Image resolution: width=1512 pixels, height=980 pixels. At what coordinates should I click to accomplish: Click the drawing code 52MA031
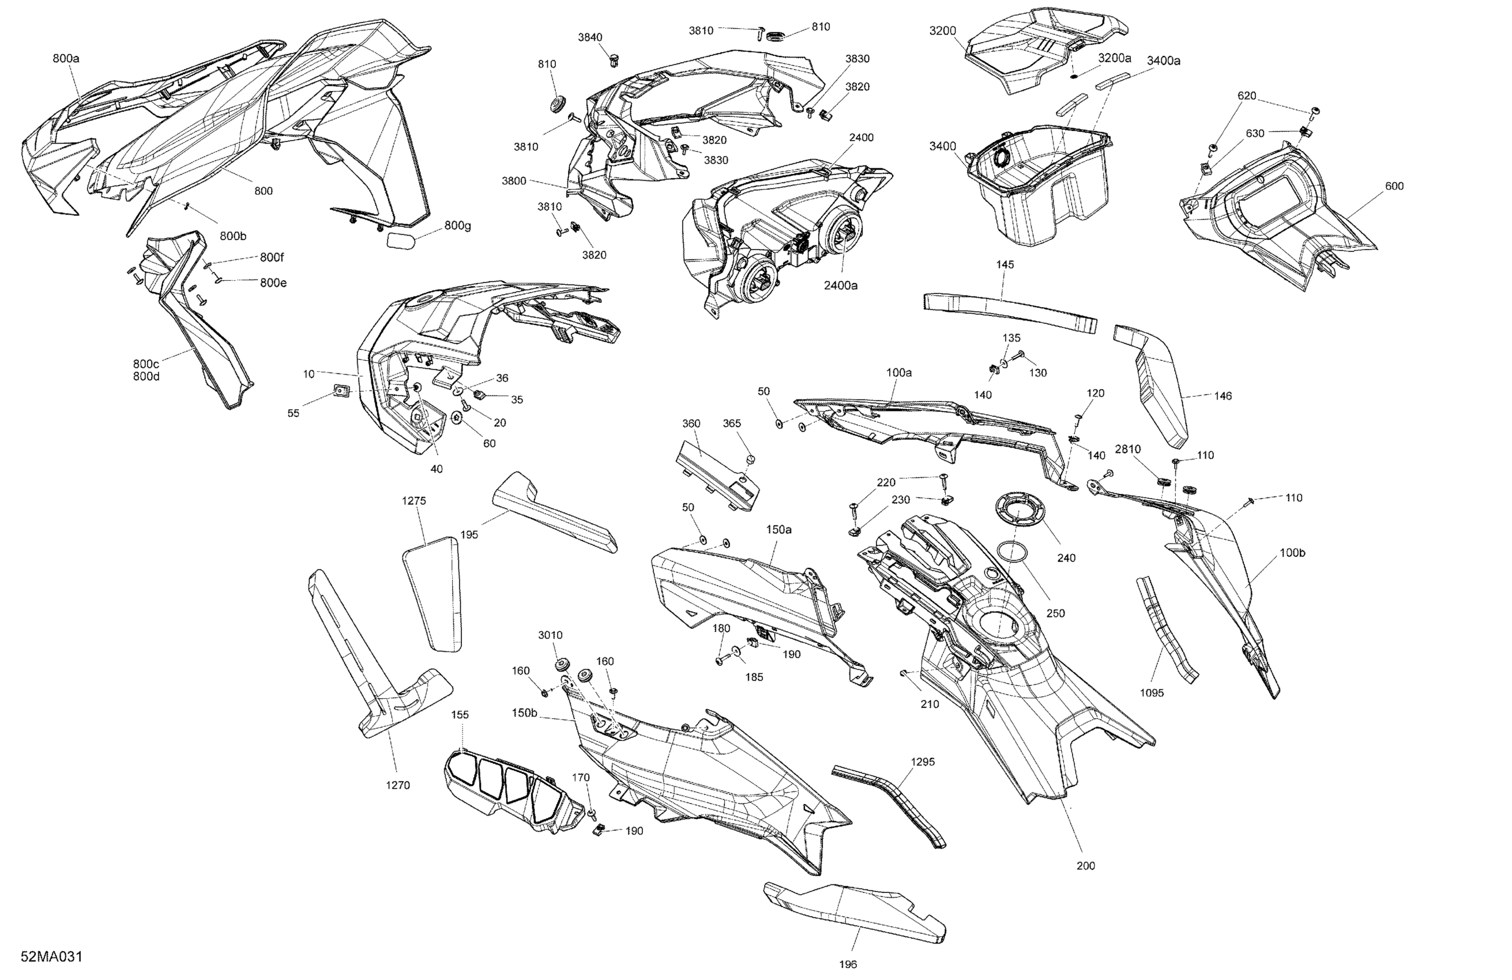point(51,956)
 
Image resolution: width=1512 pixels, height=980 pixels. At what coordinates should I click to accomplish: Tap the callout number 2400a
point(841,285)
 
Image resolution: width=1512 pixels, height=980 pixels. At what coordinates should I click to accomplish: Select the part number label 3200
point(943,31)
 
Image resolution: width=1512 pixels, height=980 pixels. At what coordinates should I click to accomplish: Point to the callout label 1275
point(413,500)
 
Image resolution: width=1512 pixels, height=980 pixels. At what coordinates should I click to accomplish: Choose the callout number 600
point(1394,186)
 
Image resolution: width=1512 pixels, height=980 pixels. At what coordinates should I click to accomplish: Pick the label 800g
point(457,225)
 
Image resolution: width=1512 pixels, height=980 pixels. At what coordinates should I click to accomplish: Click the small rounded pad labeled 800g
point(401,239)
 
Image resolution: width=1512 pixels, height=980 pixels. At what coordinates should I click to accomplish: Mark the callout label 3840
point(589,37)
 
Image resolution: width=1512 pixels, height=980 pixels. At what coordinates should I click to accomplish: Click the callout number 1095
point(1151,693)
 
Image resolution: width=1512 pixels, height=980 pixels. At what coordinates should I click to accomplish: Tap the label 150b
point(524,713)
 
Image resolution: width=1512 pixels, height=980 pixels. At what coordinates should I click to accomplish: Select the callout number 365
point(731,423)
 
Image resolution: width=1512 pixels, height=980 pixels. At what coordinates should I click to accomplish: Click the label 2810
point(1127,449)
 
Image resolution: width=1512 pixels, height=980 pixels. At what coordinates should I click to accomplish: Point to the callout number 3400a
point(1164,61)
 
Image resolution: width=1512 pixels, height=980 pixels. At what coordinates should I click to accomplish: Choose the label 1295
point(923,762)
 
